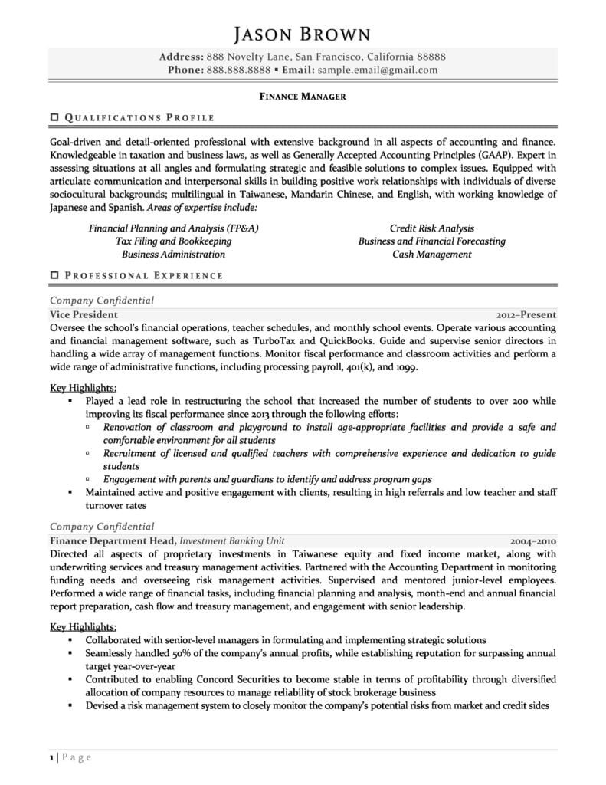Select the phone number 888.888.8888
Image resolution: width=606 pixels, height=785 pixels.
pos(237,70)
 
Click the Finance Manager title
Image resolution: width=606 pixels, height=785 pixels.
pos(302,97)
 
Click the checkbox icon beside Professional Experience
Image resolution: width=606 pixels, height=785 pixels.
pos(54,275)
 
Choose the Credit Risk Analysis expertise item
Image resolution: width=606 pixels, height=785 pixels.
pos(431,228)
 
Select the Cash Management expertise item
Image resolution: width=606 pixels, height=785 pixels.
pos(431,254)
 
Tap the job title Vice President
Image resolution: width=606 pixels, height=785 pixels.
pos(84,314)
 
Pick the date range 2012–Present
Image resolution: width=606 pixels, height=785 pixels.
pos(526,314)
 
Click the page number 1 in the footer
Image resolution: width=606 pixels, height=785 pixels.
pos(52,757)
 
